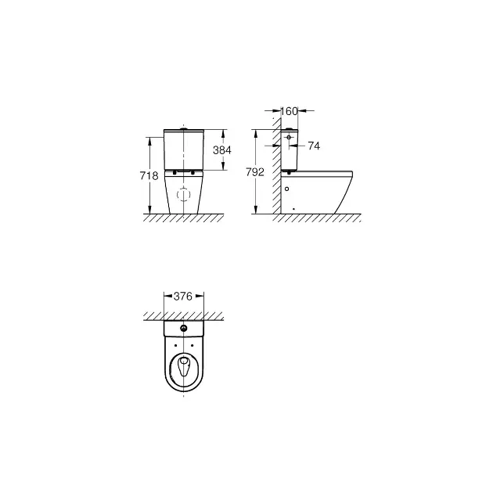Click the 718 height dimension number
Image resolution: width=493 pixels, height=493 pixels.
[149, 175]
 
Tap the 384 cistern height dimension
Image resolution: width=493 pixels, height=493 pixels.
[222, 150]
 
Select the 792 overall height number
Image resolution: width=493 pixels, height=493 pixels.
[255, 172]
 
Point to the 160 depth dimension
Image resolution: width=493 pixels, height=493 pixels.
[289, 111]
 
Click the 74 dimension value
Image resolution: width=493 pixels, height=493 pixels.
[314, 146]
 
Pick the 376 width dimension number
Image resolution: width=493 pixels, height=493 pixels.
[182, 296]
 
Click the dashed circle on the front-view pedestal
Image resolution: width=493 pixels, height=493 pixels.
[184, 194]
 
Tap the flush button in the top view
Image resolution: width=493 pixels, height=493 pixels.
[184, 329]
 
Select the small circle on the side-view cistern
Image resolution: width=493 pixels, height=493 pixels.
[289, 137]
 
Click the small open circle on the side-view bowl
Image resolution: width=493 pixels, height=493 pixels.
[286, 189]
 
